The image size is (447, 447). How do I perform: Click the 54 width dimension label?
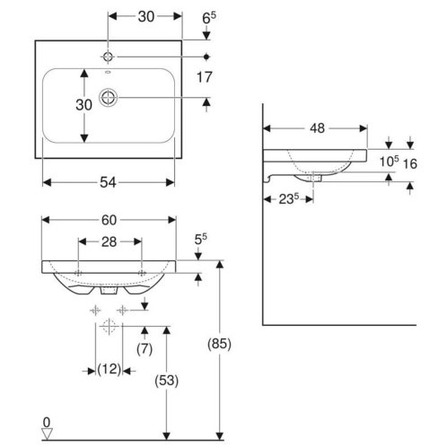click(x=108, y=182)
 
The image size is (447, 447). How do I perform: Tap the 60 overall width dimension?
click(x=109, y=220)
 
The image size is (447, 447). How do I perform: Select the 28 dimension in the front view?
click(x=109, y=241)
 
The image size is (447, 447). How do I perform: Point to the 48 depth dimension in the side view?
click(x=317, y=128)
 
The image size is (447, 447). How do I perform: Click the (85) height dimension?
click(x=220, y=344)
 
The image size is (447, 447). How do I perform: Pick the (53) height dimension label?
click(x=167, y=381)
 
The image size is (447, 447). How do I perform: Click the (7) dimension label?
click(x=145, y=349)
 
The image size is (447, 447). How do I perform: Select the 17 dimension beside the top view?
click(x=205, y=77)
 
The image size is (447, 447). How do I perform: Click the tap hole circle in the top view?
click(x=108, y=57)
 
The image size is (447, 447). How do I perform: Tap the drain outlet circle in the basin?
click(x=109, y=97)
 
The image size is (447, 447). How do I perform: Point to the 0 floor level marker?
click(x=47, y=423)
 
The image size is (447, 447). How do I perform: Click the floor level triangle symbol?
click(x=47, y=434)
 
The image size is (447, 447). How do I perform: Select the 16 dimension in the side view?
click(x=410, y=163)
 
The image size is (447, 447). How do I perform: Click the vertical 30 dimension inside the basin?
click(x=84, y=105)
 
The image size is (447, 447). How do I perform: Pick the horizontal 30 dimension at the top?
click(x=146, y=17)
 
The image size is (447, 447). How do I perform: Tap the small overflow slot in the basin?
click(x=108, y=72)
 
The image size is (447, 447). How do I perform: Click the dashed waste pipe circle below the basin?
click(x=109, y=326)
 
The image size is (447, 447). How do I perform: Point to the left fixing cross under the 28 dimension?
click(x=78, y=273)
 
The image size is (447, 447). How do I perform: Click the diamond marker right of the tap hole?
click(x=206, y=57)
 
